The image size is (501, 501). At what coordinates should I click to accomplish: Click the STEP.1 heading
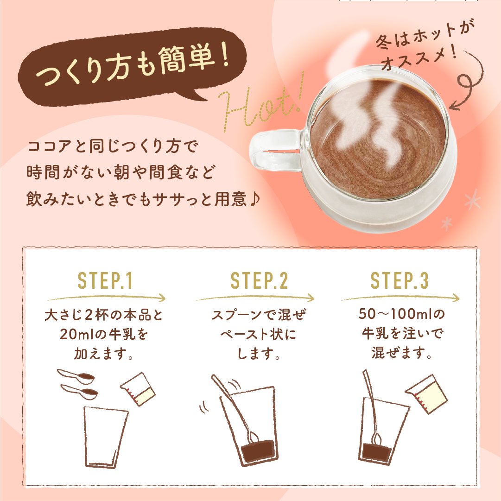105,281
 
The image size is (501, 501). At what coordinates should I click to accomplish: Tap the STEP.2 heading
259,281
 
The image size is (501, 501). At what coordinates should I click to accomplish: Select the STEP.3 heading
399,281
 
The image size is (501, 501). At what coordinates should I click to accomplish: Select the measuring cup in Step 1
138,389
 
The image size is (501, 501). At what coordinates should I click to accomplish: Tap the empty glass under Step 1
106,436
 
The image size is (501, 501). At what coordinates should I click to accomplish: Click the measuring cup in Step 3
426,394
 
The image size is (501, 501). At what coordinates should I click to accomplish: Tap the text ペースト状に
259,335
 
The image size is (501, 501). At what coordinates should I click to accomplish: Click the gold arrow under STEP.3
400,298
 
